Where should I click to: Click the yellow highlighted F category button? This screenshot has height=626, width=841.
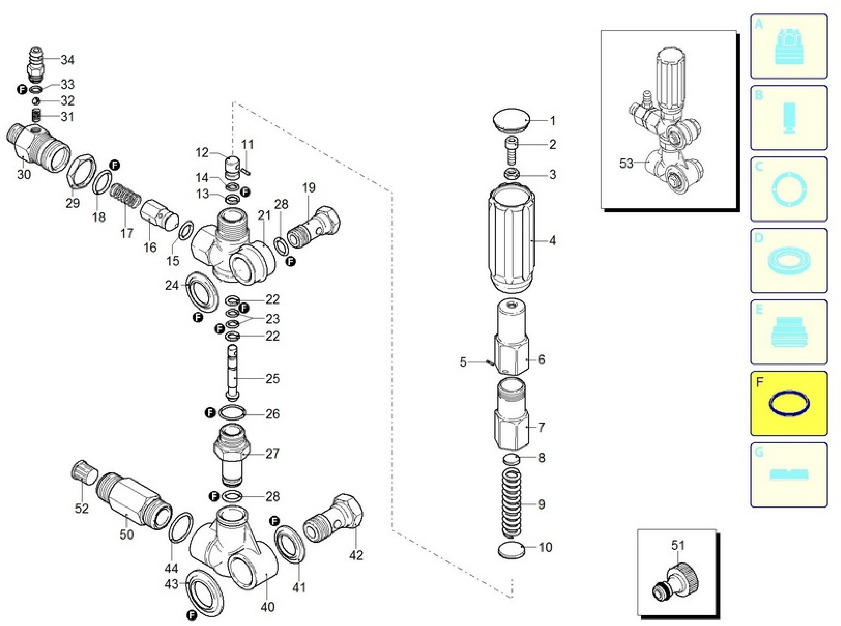[789, 403]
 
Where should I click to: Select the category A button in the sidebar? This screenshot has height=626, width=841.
[789, 46]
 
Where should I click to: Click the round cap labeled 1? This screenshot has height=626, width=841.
[511, 120]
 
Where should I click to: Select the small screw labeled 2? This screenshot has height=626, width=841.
[511, 150]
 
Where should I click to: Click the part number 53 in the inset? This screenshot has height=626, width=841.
[626, 163]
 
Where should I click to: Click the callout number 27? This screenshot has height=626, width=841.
[272, 453]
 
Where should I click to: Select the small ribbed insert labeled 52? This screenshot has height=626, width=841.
[84, 478]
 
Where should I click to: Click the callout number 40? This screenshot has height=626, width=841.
[267, 607]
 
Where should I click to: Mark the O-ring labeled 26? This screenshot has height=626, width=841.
[232, 413]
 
